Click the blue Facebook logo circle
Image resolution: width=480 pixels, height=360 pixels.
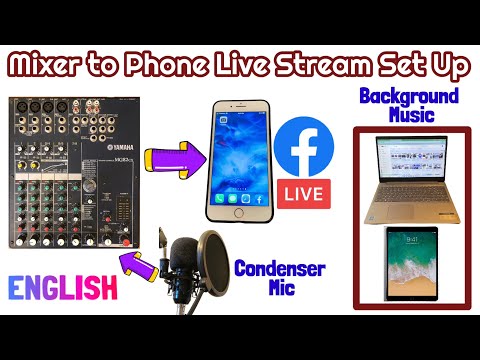pos(302,147)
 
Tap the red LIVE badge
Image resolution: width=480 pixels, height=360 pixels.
pos(303,192)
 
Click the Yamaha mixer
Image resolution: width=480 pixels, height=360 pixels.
pos(74,170)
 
